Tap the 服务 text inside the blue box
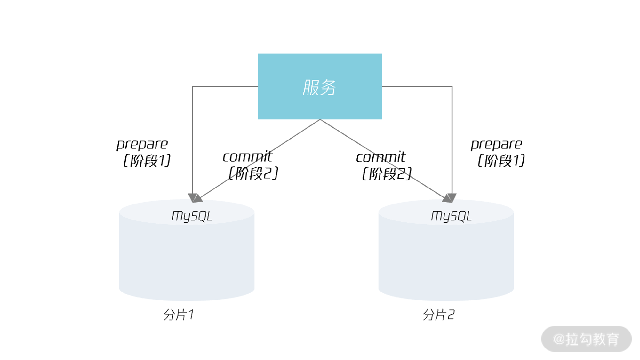[x=319, y=87]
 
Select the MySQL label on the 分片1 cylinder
[x=192, y=216]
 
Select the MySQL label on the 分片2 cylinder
[x=451, y=216]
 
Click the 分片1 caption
[x=179, y=315]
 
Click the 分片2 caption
[x=438, y=315]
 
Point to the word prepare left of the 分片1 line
[x=142, y=144]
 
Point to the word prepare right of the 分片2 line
[x=496, y=144]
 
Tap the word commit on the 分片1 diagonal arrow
[x=247, y=157]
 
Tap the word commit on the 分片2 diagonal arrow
[x=381, y=157]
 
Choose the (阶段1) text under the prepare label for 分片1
[x=147, y=161]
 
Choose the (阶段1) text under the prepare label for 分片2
[x=501, y=161]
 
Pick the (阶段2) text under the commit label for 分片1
[x=253, y=173]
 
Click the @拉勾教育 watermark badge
[x=586, y=339]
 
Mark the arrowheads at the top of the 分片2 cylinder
[x=449, y=198]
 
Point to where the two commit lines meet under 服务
[x=320, y=120]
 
